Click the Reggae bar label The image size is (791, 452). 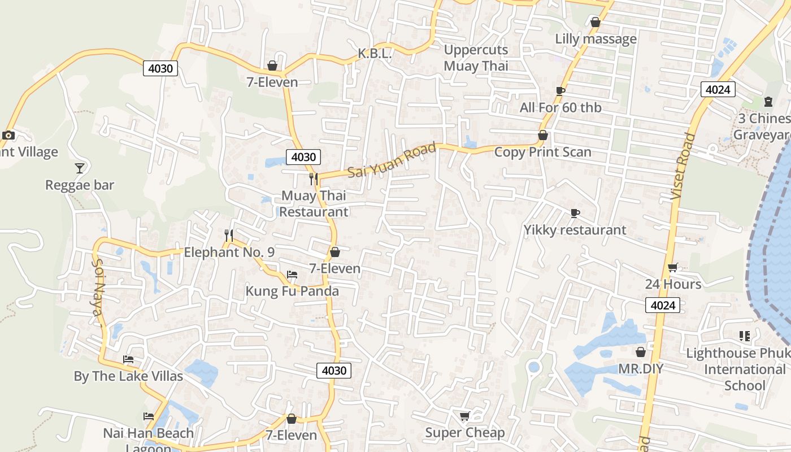coord(80,185)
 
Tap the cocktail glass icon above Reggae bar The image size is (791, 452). coord(80,168)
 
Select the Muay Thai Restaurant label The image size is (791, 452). coord(314,204)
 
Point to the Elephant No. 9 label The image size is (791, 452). coord(229,252)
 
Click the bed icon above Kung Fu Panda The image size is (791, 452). coord(292,275)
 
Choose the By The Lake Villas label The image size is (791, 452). coord(128,376)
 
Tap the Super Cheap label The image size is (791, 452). coord(465,433)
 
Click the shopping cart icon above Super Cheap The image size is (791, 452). coord(465,416)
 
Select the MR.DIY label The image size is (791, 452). coord(640,369)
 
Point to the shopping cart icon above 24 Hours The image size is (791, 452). coord(673,267)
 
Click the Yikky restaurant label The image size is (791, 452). coord(575,230)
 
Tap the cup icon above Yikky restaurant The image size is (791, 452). coord(575,213)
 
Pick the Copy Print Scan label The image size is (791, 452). coord(542,152)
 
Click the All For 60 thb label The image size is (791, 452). coord(560,107)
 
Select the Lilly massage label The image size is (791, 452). coord(596,39)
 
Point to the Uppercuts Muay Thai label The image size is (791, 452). coord(476,58)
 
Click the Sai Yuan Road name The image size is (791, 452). coord(392,160)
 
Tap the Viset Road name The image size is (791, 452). coord(682,166)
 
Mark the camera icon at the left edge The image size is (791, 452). coord(8,135)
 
